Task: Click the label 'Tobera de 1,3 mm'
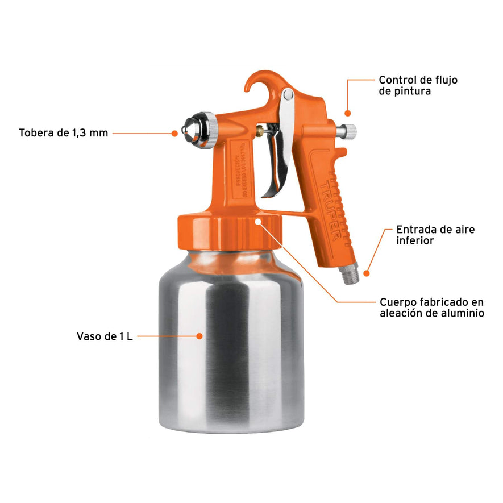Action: [63, 134]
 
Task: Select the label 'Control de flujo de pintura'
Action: [418, 85]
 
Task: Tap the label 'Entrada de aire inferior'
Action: [435, 235]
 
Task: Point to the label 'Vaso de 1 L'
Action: [105, 336]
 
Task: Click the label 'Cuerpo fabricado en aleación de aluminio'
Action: [432, 307]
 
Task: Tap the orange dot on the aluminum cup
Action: [199, 336]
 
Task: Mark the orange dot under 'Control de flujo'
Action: [348, 113]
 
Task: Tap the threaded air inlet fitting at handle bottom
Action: [348, 275]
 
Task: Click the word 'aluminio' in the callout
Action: [463, 313]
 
